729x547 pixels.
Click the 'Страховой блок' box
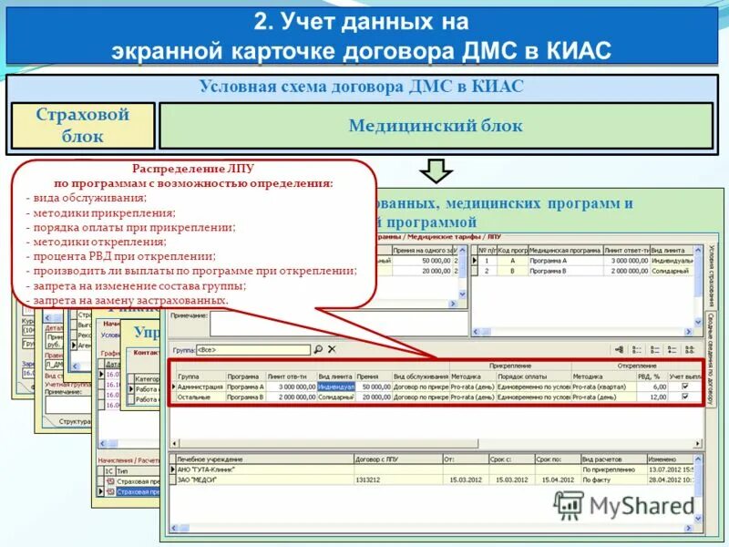coord(83,126)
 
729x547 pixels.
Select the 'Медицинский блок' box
coord(436,126)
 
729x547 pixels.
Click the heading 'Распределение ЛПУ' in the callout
coord(192,169)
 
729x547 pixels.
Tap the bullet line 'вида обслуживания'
coord(90,198)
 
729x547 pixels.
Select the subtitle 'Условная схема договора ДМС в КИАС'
coord(361,88)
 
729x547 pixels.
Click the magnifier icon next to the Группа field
coord(318,349)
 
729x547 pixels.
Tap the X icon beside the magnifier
coord(332,349)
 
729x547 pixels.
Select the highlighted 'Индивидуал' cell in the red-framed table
coord(335,387)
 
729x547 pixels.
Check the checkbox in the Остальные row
coord(685,397)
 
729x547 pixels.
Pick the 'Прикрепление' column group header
coord(510,365)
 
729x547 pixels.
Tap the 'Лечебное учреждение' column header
coord(211,459)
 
